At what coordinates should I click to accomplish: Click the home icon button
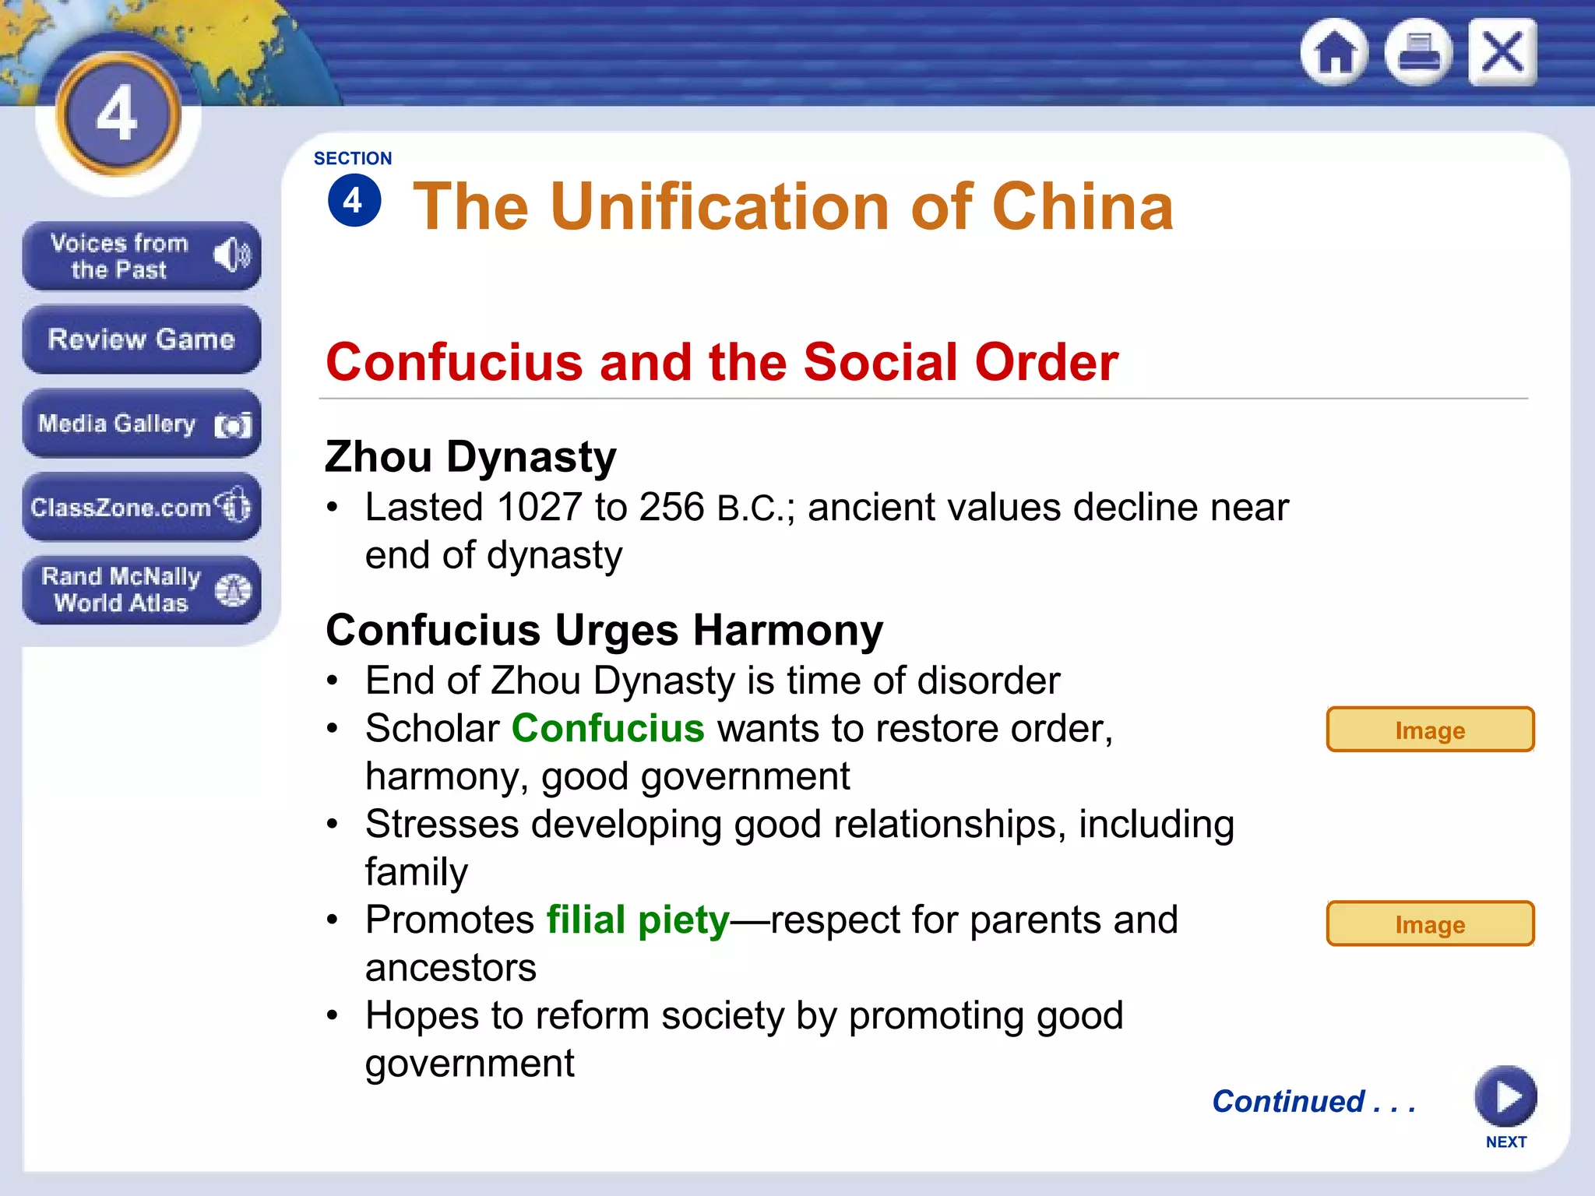point(1335,52)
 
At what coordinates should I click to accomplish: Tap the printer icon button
point(1418,52)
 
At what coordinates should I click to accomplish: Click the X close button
point(1502,52)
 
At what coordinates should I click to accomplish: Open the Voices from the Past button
point(141,256)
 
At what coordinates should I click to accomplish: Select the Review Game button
point(141,339)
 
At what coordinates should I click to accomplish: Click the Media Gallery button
point(141,424)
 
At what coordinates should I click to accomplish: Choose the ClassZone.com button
point(141,507)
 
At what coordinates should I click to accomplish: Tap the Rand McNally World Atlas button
point(141,589)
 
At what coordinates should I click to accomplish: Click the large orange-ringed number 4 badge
point(118,114)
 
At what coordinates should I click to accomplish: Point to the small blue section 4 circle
point(354,201)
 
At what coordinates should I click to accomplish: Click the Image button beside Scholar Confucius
point(1430,730)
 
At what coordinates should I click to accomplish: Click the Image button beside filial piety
point(1430,923)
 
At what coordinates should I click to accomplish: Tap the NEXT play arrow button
point(1505,1096)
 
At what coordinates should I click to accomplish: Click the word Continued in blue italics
point(1289,1101)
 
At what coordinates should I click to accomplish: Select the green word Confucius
point(607,729)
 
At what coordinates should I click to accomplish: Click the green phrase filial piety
point(638,920)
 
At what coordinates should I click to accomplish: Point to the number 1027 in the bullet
point(539,508)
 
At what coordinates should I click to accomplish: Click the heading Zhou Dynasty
point(470,457)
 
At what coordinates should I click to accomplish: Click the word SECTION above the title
point(353,158)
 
